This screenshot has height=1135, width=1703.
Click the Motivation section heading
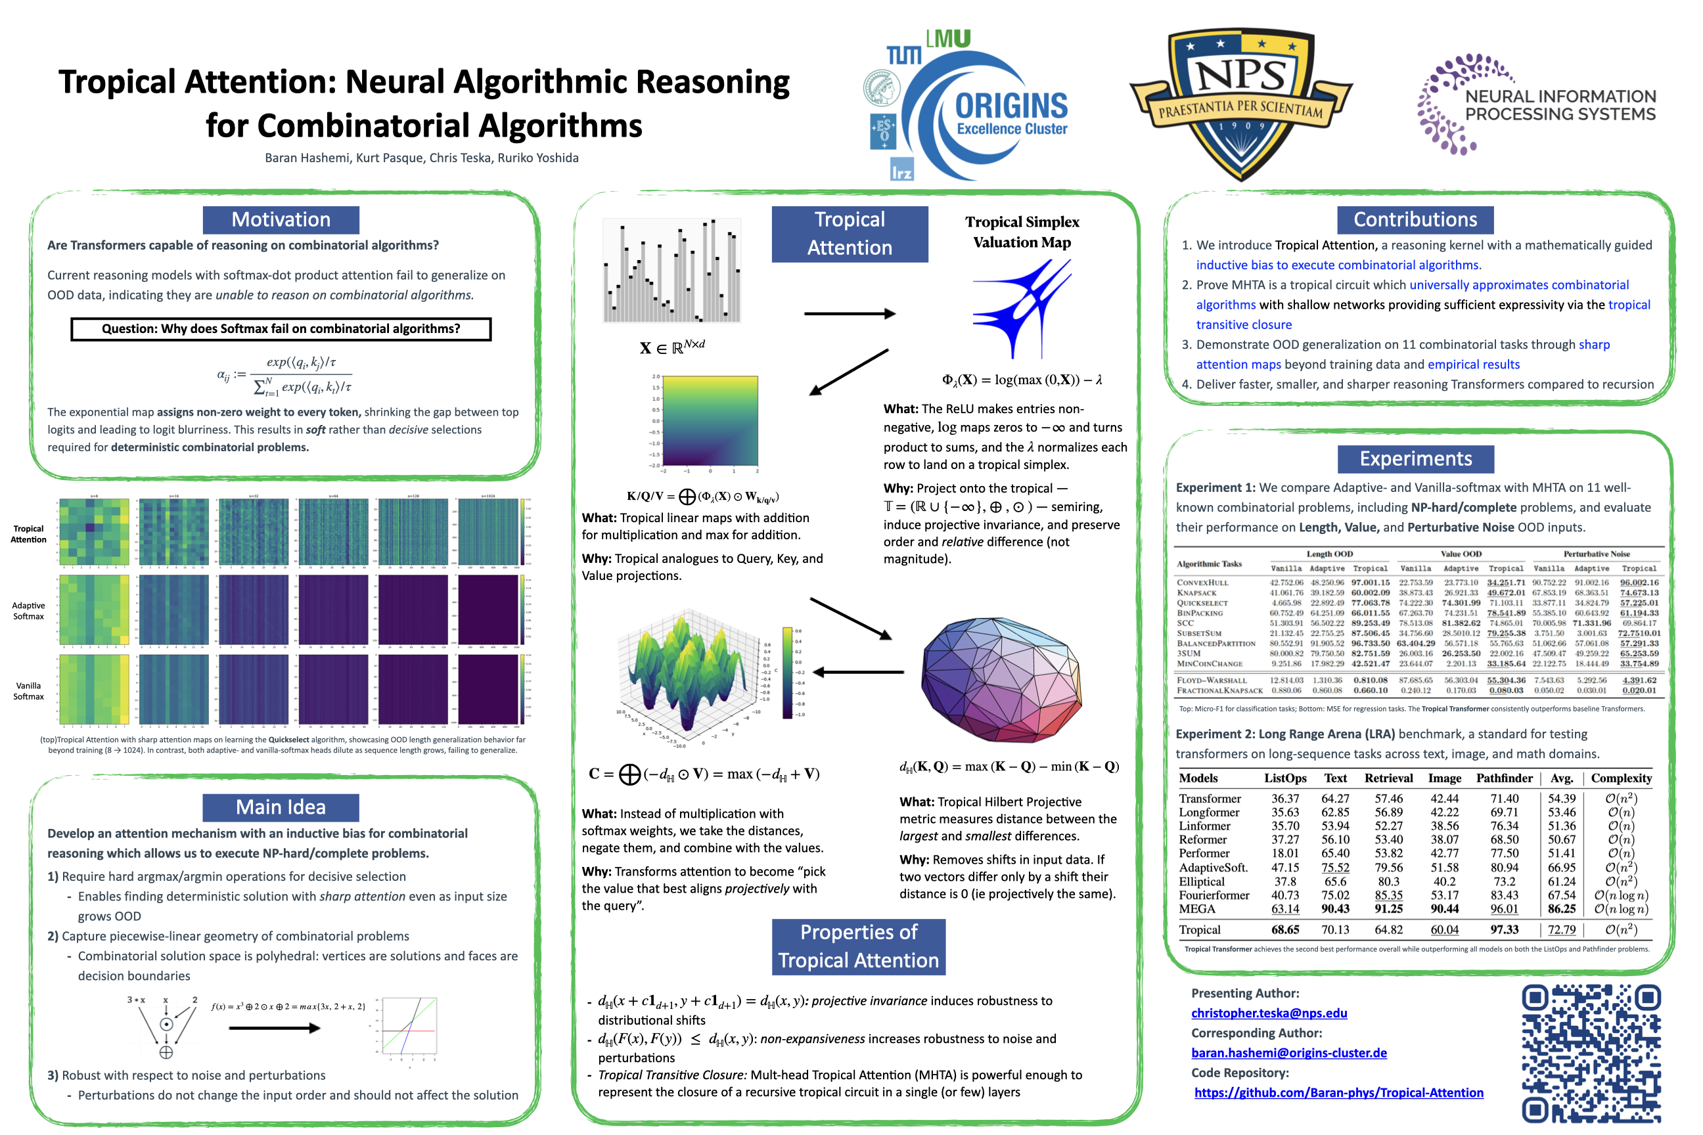point(281,220)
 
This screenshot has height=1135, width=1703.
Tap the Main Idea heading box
point(281,807)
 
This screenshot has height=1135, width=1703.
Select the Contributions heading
point(1415,220)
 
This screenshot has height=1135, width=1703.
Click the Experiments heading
point(1415,459)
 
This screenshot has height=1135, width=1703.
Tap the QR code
point(1591,1053)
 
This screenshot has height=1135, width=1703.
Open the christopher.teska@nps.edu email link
point(1269,1013)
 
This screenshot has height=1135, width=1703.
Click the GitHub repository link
point(1338,1092)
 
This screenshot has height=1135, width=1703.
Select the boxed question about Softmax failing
point(281,328)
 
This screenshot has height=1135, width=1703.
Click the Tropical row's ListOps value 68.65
point(1285,929)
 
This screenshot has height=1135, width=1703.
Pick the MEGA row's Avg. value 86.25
point(1562,908)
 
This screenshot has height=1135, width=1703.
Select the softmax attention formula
point(284,375)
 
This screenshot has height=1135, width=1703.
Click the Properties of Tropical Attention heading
point(858,946)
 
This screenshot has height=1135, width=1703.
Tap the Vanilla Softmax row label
point(28,691)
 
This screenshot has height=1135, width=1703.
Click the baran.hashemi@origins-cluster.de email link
point(1289,1052)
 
